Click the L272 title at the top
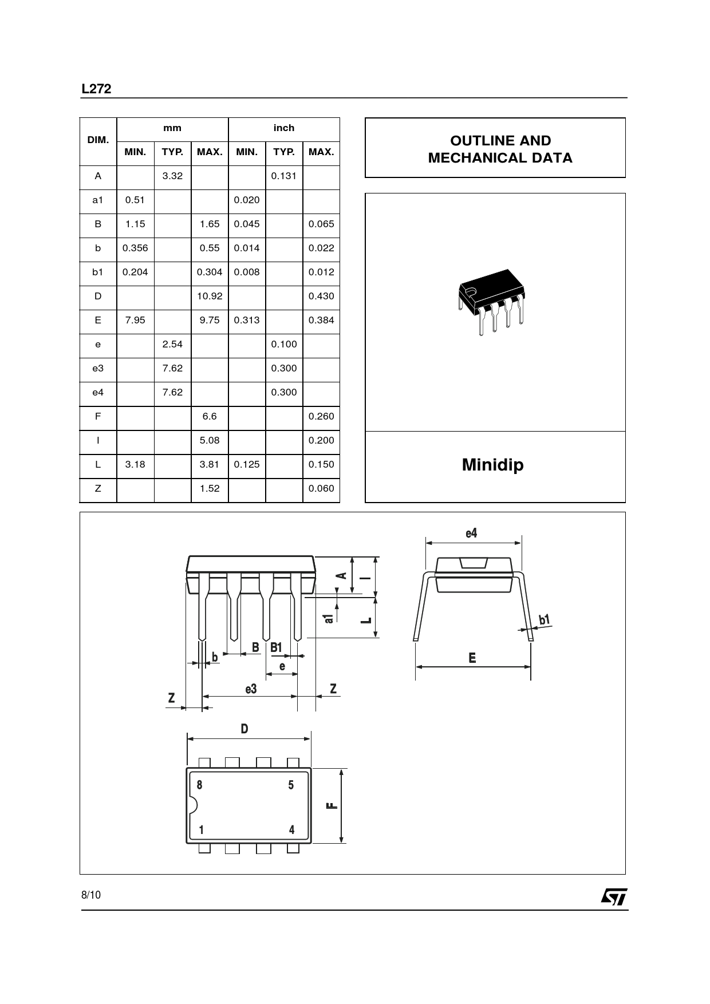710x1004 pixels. (x=96, y=89)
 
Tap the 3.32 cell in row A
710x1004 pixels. (x=172, y=176)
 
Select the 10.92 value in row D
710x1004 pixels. (x=210, y=296)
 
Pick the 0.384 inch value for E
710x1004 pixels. (x=321, y=320)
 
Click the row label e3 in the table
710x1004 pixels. (x=98, y=368)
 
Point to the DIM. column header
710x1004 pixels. (x=98, y=140)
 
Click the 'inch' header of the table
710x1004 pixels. (x=284, y=128)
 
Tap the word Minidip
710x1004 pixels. (x=492, y=464)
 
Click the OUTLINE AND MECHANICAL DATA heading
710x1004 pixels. (x=500, y=149)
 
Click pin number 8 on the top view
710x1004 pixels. (x=199, y=785)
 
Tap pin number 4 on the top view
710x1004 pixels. (x=291, y=829)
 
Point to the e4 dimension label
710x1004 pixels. (x=471, y=533)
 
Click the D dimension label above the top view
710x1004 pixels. (x=244, y=729)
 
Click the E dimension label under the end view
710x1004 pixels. (x=472, y=658)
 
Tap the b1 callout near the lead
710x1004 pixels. (x=544, y=619)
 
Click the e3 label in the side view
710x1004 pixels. (x=251, y=689)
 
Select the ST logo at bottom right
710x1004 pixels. (x=614, y=897)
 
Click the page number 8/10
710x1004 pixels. (x=91, y=895)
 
